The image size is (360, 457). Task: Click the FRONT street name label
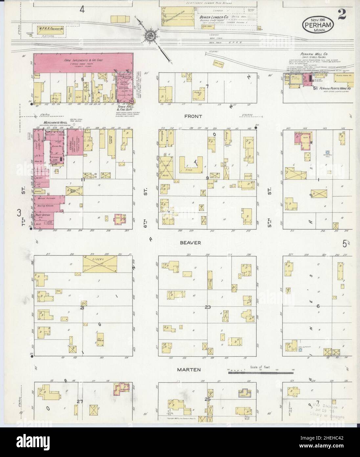[195, 116]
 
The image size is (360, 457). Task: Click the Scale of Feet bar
[260, 372]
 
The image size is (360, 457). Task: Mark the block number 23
[208, 307]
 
